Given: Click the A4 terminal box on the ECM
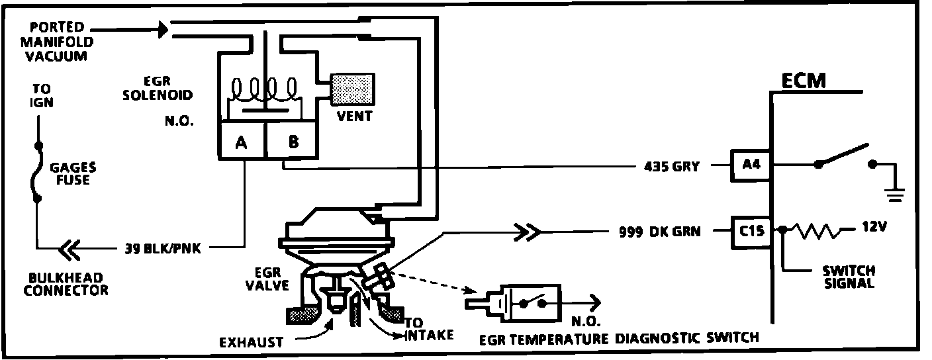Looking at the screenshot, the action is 750,165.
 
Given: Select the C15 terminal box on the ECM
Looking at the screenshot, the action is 751,232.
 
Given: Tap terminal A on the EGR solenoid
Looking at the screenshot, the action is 242,141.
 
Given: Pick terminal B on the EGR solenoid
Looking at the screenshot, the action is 292,141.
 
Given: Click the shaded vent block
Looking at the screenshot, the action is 352,89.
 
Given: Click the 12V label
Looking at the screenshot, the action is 874,227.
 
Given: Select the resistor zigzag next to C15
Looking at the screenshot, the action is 816,232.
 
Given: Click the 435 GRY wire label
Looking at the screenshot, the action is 672,167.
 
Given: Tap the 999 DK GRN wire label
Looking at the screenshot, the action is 659,232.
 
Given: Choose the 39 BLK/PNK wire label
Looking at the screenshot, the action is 163,248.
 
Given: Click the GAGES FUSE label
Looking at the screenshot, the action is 73,173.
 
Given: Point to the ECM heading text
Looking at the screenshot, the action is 803,81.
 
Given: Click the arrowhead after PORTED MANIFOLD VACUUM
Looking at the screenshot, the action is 163,30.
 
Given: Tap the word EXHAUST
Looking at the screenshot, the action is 251,342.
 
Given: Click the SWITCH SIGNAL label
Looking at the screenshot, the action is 849,277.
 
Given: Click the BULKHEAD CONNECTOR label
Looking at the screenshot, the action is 66,285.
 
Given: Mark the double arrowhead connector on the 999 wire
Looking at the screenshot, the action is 528,232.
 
